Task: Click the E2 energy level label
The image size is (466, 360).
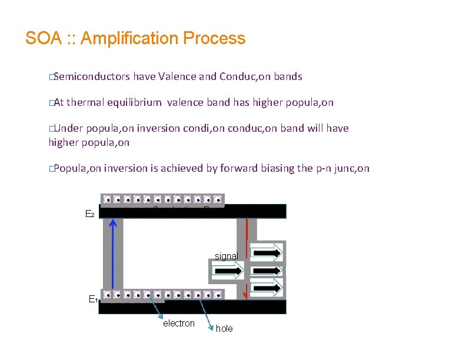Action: coord(90,215)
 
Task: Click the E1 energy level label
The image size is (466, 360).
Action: coord(92,299)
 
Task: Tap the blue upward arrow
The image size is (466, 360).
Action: coord(113,253)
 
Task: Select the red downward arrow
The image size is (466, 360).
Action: coord(246,235)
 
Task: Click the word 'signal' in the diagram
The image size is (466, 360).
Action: coord(226,256)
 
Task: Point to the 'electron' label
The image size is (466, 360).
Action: coord(178,323)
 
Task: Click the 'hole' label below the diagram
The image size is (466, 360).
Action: coord(224,329)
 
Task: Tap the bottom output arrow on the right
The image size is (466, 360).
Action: coord(268,288)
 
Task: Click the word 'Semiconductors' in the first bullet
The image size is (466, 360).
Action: coord(91,76)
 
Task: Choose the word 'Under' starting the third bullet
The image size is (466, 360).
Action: coord(69,128)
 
